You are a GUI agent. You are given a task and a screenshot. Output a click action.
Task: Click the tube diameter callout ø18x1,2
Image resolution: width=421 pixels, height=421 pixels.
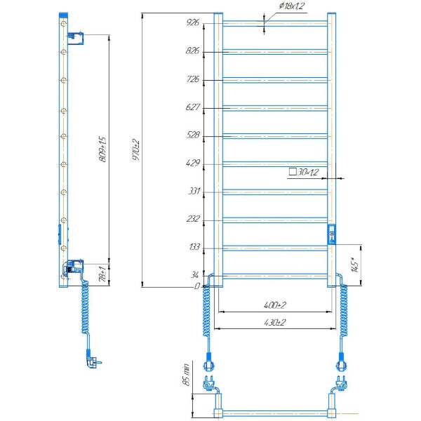(x=292, y=6)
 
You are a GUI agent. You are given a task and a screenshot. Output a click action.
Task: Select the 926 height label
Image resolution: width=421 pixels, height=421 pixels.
(x=193, y=22)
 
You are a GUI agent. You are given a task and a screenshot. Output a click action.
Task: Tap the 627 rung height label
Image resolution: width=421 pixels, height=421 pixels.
(x=192, y=107)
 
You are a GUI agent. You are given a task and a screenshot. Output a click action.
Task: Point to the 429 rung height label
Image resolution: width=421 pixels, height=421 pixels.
(x=193, y=163)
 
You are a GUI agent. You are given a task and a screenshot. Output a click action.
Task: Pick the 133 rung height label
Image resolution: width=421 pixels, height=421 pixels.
(x=194, y=246)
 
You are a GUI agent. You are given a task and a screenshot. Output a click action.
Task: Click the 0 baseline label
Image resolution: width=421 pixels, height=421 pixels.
(x=197, y=286)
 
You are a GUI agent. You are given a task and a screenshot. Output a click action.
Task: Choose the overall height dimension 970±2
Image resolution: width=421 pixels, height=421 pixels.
(x=136, y=150)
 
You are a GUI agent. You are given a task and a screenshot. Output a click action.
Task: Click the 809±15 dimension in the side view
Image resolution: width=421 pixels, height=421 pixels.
(x=103, y=149)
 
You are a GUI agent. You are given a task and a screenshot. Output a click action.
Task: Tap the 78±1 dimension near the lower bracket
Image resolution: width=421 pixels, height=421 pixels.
(x=103, y=274)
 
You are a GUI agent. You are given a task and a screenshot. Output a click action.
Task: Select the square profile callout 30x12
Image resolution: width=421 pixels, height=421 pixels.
(x=304, y=172)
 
